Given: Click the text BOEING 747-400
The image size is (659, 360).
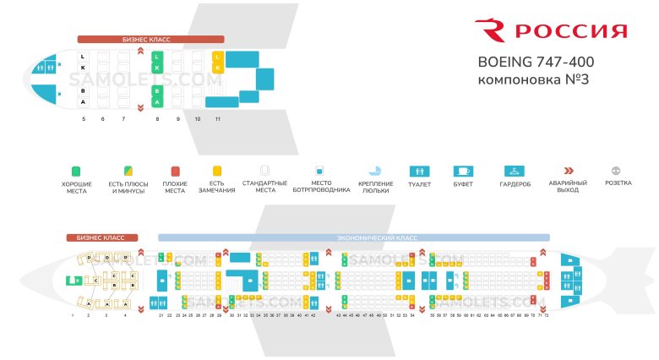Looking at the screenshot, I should coord(536,63).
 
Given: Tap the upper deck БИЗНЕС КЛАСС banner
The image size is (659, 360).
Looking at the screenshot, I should coord(150,39).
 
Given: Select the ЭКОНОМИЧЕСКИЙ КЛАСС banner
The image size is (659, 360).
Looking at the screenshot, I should coord(353,238).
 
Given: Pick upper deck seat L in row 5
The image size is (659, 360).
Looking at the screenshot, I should coord(83,57).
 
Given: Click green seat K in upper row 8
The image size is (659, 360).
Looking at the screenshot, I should coord(156,68).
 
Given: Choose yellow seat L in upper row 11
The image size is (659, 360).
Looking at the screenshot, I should coord(217,57).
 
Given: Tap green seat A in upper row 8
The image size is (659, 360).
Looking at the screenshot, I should coord(156,101).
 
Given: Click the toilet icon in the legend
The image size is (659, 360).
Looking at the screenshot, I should coord(419,170).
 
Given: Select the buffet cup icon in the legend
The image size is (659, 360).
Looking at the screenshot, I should coord(464,170).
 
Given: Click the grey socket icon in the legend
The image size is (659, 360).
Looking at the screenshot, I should coord(618,170).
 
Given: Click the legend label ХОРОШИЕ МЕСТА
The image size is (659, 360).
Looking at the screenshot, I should coord(77,188).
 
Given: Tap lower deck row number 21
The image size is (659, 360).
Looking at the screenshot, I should coord(161,315).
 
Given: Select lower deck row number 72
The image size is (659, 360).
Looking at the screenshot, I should coord(547,315).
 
